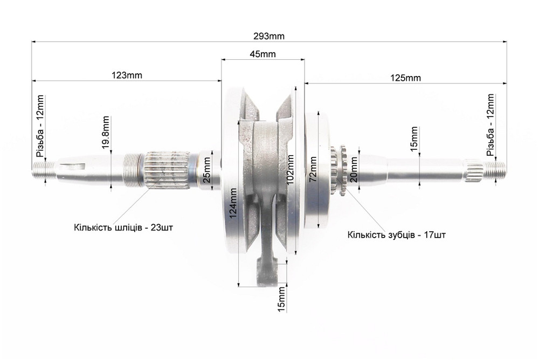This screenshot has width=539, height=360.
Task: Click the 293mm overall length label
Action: [269, 36]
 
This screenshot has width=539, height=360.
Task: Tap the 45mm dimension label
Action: [262, 54]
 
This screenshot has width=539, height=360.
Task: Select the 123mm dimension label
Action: [127, 75]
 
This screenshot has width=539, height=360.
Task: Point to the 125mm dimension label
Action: [406, 78]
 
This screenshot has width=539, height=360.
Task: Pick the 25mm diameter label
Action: [206, 170]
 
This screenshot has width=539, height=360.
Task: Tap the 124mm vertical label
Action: [233, 203]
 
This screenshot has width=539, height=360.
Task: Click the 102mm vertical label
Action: [290, 170]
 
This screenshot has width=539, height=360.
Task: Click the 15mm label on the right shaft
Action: [414, 139]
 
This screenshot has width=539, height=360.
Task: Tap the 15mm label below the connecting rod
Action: [281, 300]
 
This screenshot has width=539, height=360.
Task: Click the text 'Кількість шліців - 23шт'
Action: [123, 227]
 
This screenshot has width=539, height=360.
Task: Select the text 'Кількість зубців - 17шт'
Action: [396, 235]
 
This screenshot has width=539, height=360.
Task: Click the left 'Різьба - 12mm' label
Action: [40, 126]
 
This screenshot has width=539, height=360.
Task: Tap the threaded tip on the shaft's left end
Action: [43, 170]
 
